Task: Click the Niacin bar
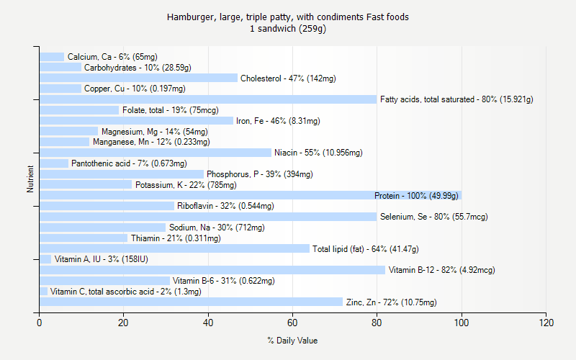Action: click(156, 153)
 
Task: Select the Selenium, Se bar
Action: click(208, 217)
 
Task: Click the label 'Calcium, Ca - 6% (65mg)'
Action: click(112, 57)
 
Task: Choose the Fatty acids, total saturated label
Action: click(456, 99)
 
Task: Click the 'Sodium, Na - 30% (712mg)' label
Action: click(217, 228)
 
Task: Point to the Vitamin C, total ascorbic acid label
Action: click(126, 292)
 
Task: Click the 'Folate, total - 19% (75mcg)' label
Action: click(170, 110)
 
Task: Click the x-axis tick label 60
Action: click(292, 323)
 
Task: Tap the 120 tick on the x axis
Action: click(546, 323)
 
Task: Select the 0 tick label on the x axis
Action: click(40, 323)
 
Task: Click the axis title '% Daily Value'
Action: click(292, 341)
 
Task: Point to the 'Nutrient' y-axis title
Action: click(30, 179)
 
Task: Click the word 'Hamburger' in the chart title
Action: click(189, 17)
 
